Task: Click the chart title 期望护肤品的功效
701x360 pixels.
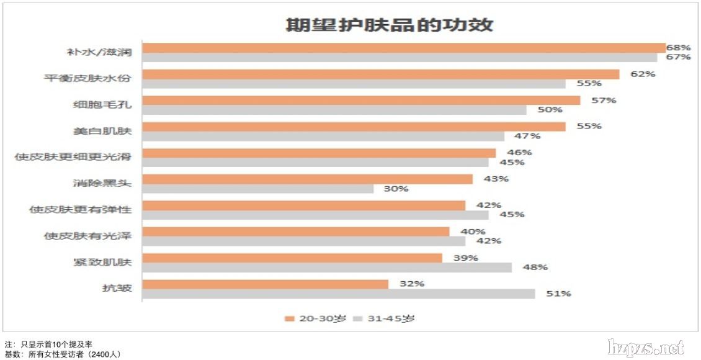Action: click(389, 25)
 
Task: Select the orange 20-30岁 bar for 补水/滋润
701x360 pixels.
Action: click(403, 48)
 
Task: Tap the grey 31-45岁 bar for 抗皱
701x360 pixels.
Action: click(338, 294)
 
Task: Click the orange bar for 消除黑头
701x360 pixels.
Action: click(307, 179)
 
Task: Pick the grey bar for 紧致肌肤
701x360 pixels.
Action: click(327, 268)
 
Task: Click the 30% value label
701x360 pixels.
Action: click(396, 189)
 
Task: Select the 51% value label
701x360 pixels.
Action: click(558, 294)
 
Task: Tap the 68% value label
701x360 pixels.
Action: click(679, 47)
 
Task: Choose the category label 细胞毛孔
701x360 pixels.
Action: click(102, 104)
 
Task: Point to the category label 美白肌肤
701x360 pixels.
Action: click(102, 131)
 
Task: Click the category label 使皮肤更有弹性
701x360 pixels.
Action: click(81, 209)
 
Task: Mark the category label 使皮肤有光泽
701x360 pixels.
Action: click(87, 236)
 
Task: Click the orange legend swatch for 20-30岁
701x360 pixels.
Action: click(289, 319)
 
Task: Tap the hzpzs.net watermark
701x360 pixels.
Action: click(645, 347)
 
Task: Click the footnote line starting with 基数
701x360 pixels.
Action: click(62, 354)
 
